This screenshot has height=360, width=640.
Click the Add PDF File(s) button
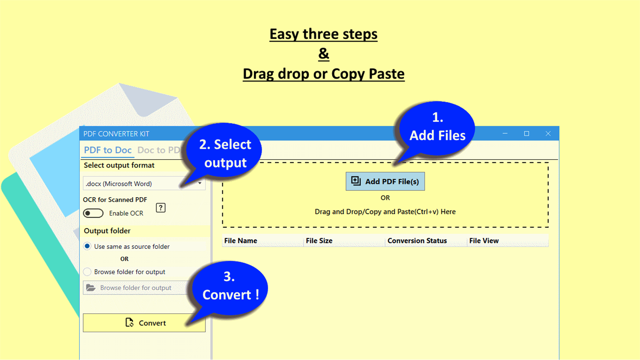tap(385, 182)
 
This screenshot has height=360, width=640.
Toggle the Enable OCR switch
tap(93, 213)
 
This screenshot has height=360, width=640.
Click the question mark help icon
tap(161, 208)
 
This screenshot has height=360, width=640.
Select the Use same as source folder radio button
tap(87, 246)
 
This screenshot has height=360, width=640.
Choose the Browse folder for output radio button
tap(87, 272)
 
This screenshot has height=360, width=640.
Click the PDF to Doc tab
tap(108, 150)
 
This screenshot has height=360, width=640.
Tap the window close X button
tap(548, 134)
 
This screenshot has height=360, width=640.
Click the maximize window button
tap(527, 134)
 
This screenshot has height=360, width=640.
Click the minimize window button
tap(505, 134)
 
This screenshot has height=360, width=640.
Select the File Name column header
tap(241, 241)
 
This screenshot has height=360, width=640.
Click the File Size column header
tap(319, 241)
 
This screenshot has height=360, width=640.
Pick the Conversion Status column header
tap(417, 241)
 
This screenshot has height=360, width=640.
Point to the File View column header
tap(484, 241)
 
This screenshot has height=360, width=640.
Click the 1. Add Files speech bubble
tap(437, 127)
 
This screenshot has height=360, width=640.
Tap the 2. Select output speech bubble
tap(225, 154)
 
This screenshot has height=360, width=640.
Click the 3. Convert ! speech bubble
tap(230, 286)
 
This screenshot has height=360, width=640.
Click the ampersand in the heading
tap(323, 54)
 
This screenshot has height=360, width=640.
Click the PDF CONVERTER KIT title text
tap(116, 134)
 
